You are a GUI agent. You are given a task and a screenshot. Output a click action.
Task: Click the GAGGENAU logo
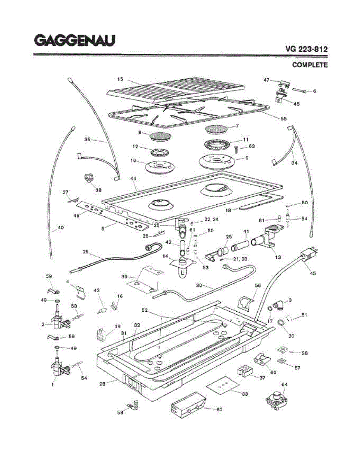point(74,40)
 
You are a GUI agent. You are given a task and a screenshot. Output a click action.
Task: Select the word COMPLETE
point(309,65)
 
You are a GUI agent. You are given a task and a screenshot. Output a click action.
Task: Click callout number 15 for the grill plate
point(120,79)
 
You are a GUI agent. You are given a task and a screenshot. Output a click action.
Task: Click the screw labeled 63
point(237,149)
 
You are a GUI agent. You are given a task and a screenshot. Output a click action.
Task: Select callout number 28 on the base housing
point(102,384)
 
